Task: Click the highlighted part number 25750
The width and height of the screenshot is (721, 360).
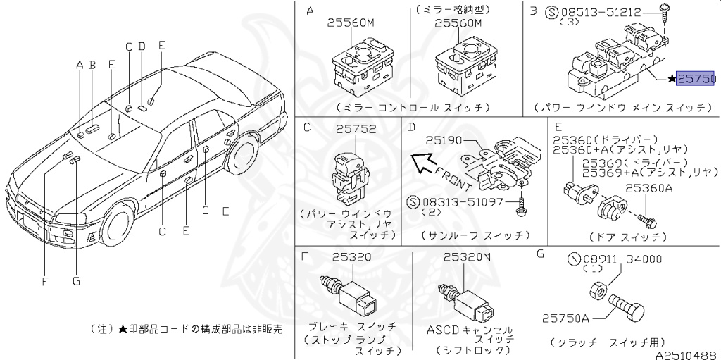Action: (696, 79)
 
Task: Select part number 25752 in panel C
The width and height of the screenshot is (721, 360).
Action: (356, 129)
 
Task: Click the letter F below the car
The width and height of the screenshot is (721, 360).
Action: (44, 282)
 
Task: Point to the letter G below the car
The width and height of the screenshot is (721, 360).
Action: (76, 282)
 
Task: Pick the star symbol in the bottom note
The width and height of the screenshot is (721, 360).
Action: (123, 329)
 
